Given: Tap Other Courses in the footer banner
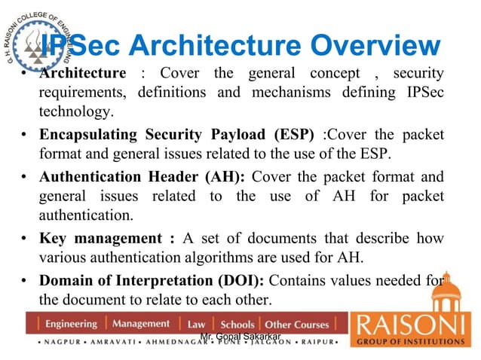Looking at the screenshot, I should point(297,325).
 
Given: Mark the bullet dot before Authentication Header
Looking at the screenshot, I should point(25,178).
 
